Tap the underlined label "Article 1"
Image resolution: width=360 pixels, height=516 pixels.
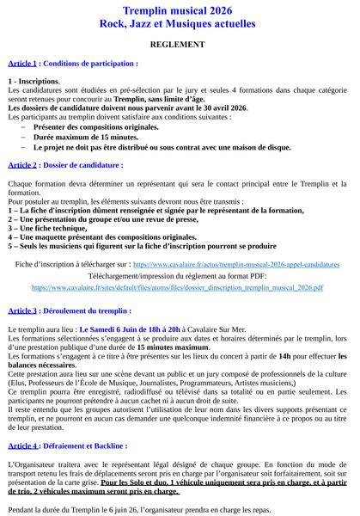(x=21, y=64)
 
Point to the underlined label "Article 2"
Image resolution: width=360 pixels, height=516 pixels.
(x=21, y=163)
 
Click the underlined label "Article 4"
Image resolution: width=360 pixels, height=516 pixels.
(x=21, y=445)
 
